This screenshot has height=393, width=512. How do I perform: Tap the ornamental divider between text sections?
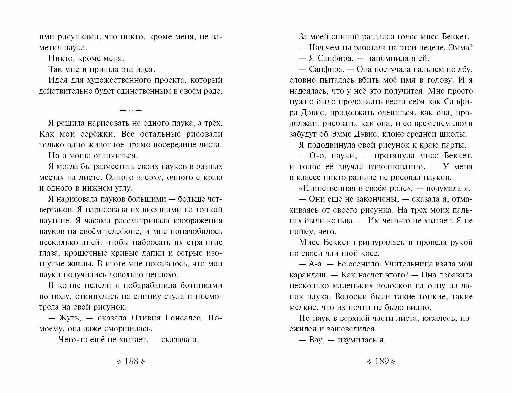(131, 110)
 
